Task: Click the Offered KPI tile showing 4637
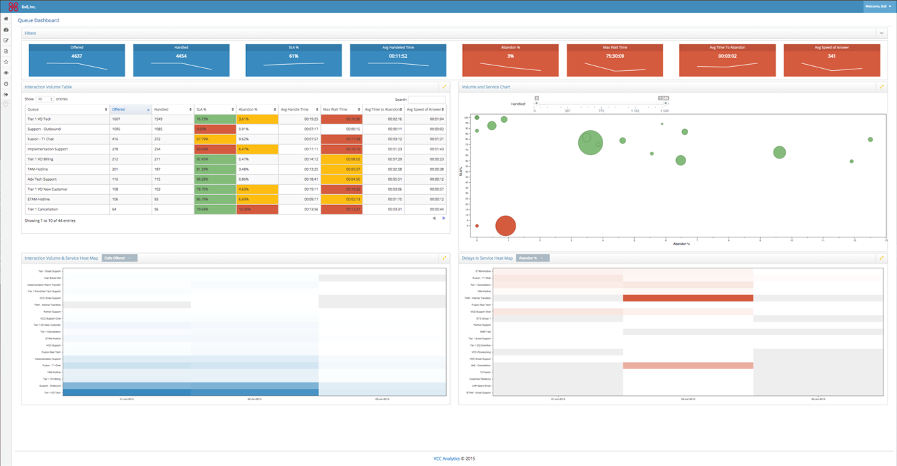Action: [x=77, y=60]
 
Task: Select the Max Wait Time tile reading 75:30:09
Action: [x=615, y=60]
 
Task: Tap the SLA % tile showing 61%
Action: [x=293, y=60]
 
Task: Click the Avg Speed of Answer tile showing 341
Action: [x=832, y=60]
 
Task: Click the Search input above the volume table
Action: [x=427, y=99]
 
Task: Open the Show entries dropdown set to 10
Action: [x=44, y=99]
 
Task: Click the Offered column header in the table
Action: [x=130, y=109]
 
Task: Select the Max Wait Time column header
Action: [x=341, y=109]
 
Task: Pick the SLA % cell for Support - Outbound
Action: [x=215, y=129]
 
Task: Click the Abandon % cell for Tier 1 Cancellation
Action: [x=257, y=210]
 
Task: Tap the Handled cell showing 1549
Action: [x=173, y=119]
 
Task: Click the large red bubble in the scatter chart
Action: [x=505, y=226]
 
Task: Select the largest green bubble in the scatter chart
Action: [x=590, y=142]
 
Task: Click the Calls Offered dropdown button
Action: [x=119, y=258]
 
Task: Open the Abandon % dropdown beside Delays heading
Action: [x=532, y=258]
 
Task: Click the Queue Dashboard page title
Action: [x=38, y=20]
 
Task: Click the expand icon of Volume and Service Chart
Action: [x=881, y=87]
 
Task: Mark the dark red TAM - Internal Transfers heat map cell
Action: [x=687, y=298]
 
